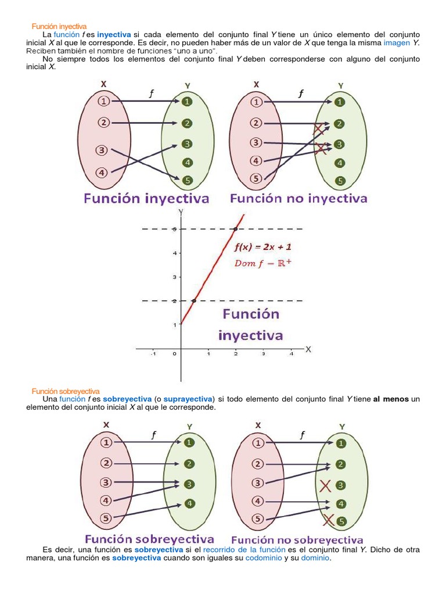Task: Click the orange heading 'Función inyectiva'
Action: (59, 26)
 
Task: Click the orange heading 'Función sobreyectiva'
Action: (66, 391)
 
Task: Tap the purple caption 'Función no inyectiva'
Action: (298, 199)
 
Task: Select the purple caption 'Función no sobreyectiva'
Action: (297, 540)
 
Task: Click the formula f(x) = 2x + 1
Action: (262, 246)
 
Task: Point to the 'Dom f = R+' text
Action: (262, 263)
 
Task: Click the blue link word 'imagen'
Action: (397, 43)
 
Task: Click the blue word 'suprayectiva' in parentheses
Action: (188, 399)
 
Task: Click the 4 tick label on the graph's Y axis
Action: (174, 253)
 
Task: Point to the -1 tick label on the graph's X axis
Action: (153, 353)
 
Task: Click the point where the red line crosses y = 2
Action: (193, 300)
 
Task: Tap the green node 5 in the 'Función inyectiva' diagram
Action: (186, 180)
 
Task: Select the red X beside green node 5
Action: (329, 519)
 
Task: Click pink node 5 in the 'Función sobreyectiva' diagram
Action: (106, 519)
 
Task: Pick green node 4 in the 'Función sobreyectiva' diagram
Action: (189, 503)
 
